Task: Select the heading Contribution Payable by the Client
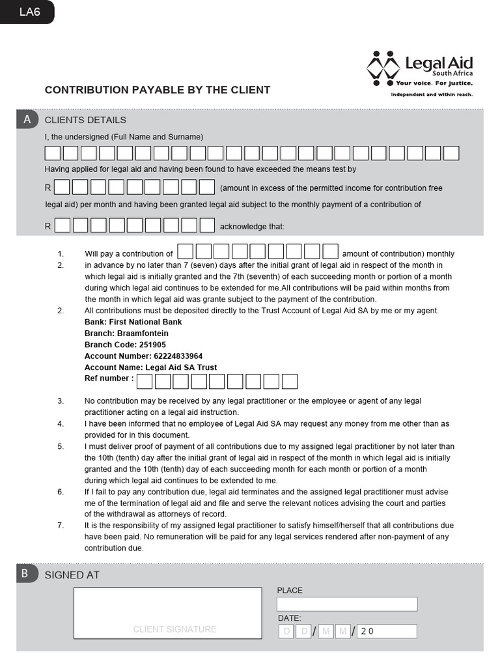[157, 90]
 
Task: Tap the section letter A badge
[27, 119]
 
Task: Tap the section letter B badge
[25, 574]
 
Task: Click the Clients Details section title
[85, 120]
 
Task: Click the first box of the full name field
[52, 153]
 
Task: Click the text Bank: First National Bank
[133, 322]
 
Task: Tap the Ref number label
[109, 378]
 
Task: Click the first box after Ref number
[145, 381]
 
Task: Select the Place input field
[346, 604]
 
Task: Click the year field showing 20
[387, 631]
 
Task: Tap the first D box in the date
[286, 631]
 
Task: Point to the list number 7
[61, 525]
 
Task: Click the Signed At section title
[72, 575]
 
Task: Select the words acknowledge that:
[252, 227]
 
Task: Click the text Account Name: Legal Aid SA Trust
[150, 367]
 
